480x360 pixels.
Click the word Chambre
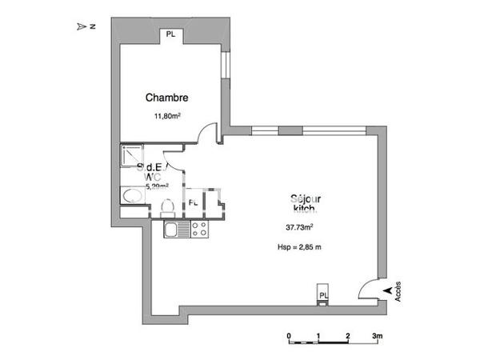pyautogui.click(x=166, y=98)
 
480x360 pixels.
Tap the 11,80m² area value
pyautogui.click(x=166, y=116)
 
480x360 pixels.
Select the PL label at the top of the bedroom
pyautogui.click(x=170, y=34)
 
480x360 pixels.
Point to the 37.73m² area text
pyautogui.click(x=299, y=226)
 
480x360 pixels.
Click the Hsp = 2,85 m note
pyautogui.click(x=298, y=247)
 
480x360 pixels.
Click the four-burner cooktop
pyautogui.click(x=199, y=230)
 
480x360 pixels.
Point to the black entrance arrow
pyautogui.click(x=389, y=289)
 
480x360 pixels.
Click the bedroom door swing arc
pyautogui.click(x=207, y=132)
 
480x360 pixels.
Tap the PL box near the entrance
pyautogui.click(x=323, y=294)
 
